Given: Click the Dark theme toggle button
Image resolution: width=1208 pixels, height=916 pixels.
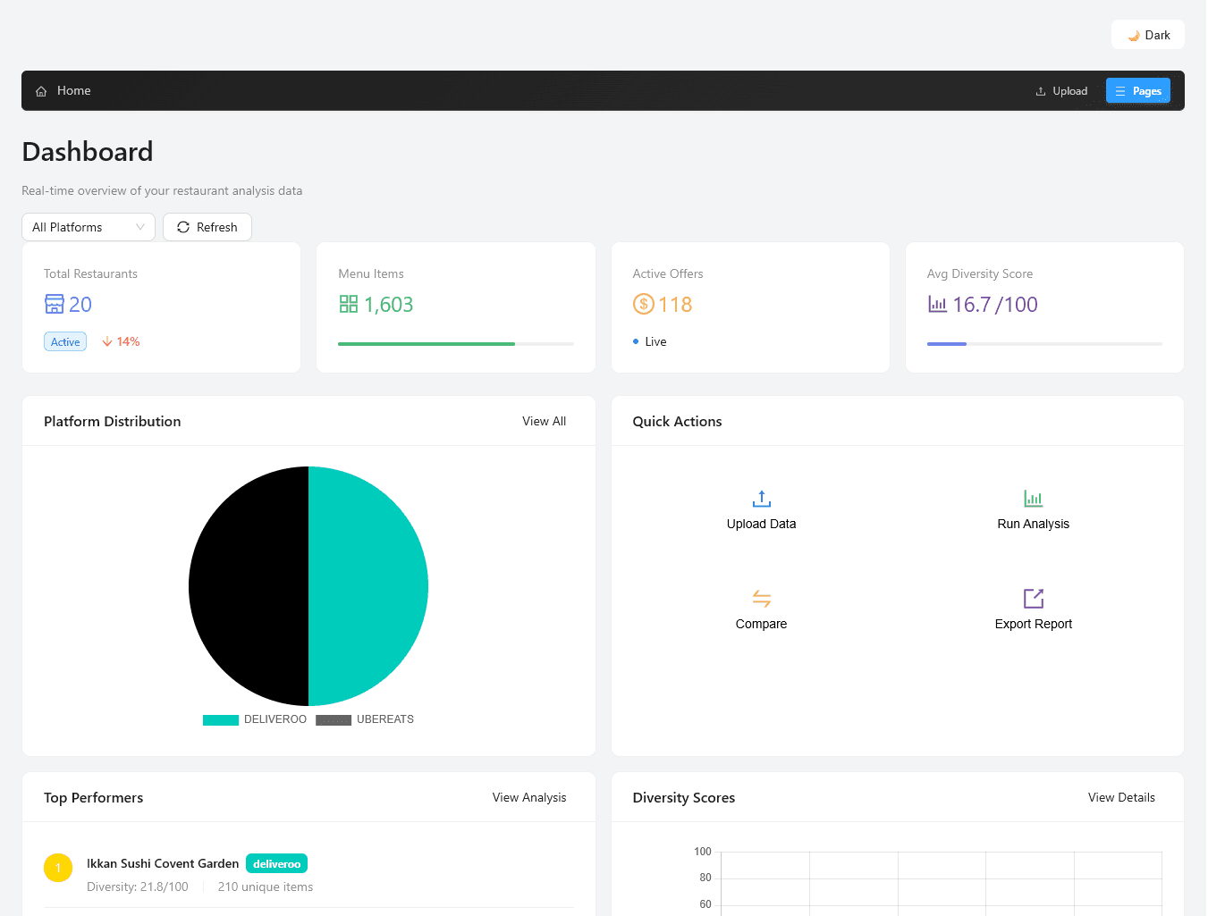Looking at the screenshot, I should pyautogui.click(x=1148, y=35).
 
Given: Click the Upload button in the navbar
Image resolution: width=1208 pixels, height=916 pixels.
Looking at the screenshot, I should pyautogui.click(x=1061, y=91).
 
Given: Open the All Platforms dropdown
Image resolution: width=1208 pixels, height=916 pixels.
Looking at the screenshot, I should pyautogui.click(x=88, y=227).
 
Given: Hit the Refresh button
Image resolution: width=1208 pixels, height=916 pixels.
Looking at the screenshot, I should pyautogui.click(x=207, y=227).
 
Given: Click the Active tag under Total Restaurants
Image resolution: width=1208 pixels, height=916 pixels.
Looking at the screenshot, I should pyautogui.click(x=65, y=341).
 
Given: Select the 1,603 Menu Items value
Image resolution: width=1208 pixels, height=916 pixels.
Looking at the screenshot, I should pyautogui.click(x=388, y=305).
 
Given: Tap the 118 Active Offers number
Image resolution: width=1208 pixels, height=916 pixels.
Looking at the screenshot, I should pyautogui.click(x=675, y=305).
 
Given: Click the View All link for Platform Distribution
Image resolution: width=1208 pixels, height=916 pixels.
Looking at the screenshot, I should pyautogui.click(x=544, y=421).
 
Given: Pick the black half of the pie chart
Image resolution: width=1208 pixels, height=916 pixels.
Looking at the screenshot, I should pyautogui.click(x=249, y=586).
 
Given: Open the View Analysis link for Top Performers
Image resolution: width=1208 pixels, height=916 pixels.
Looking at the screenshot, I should pyautogui.click(x=528, y=797).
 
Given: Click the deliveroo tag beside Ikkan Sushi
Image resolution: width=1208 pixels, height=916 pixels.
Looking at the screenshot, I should pyautogui.click(x=276, y=863).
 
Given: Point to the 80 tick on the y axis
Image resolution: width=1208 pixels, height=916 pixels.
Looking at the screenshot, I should pyautogui.click(x=705, y=878).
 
